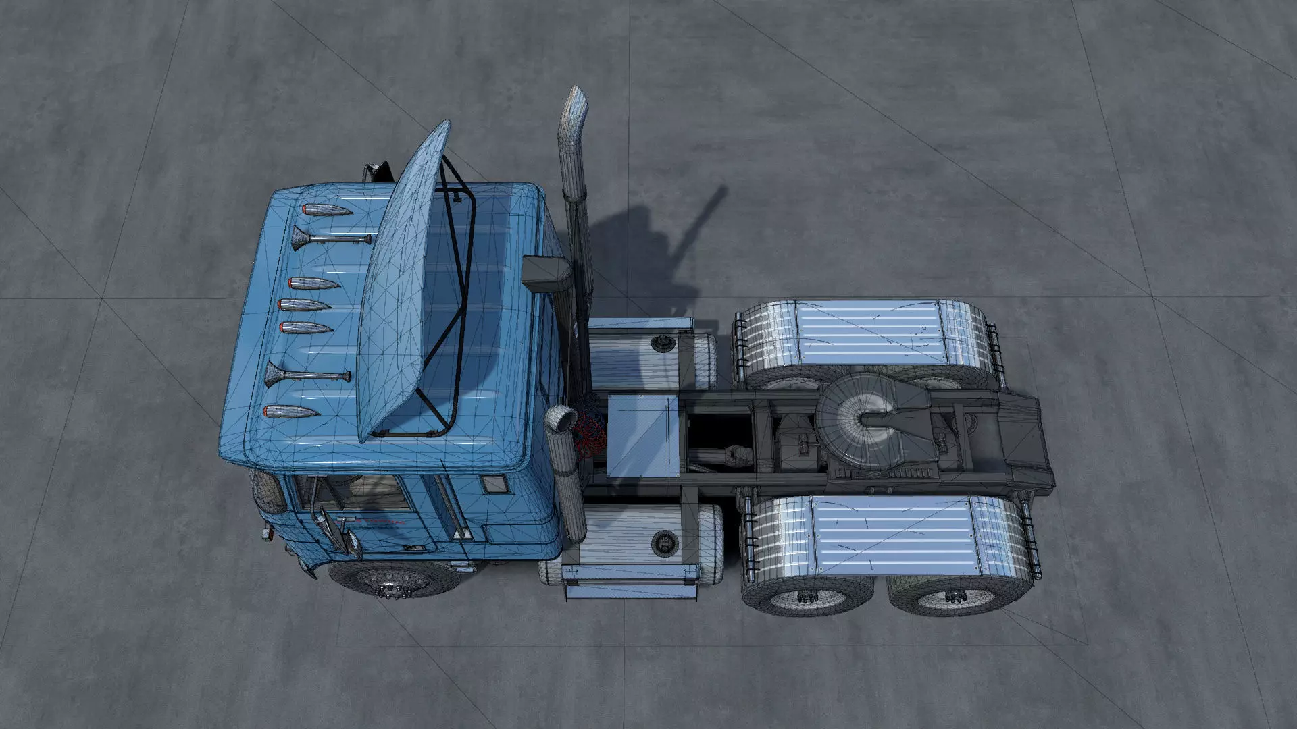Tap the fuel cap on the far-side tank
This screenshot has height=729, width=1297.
(660, 345)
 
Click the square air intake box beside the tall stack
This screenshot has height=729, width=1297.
(546, 273)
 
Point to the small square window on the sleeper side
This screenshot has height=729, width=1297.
(494, 483)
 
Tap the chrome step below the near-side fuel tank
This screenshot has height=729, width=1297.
(630, 593)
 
